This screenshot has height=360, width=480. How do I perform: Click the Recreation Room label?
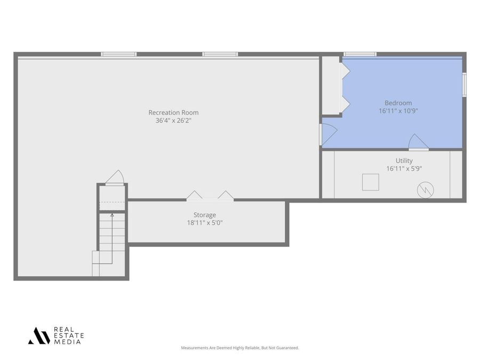click(173, 113)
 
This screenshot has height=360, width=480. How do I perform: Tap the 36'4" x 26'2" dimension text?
click(173, 121)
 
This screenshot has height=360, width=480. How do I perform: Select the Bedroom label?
click(398, 103)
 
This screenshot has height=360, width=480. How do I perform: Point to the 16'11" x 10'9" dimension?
click(398, 111)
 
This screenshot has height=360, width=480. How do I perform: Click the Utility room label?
click(404, 161)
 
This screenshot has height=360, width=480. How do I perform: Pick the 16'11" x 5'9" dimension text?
click(404, 169)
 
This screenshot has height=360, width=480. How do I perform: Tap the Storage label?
click(205, 215)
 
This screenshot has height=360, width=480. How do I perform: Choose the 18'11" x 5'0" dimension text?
click(205, 223)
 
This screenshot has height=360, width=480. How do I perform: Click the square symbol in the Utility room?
click(370, 182)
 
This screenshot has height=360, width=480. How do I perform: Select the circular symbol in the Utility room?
click(426, 189)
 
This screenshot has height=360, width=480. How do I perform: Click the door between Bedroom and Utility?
click(418, 143)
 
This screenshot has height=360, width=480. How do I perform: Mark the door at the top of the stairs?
click(115, 178)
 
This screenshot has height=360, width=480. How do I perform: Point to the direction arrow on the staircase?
click(112, 216)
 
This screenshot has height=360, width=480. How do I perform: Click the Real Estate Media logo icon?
click(39, 336)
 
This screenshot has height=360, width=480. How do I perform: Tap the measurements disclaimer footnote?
click(240, 348)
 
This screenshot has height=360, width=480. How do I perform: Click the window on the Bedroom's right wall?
click(464, 84)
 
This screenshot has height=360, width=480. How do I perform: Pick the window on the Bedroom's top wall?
click(360, 54)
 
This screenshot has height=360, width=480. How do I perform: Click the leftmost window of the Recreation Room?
click(119, 54)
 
